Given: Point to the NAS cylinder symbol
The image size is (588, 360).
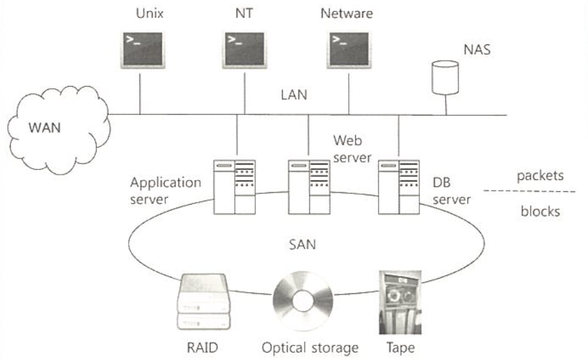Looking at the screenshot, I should pos(445,75).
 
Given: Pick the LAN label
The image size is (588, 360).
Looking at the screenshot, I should pos(293,95).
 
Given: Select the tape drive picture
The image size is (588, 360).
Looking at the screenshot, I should pos(400,301).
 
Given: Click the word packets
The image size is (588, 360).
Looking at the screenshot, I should pos(539,177).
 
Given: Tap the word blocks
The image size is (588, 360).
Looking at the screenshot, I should pos(539,211).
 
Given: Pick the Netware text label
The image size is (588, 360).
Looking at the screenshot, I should pos(346,13).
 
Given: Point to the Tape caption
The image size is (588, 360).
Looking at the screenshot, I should pos(400,347).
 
